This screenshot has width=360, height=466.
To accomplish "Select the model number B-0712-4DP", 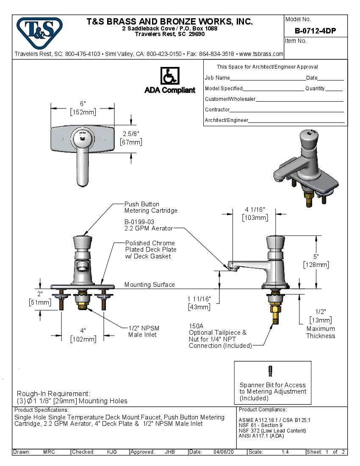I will click(315, 31).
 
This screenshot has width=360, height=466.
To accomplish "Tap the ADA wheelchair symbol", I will click(169, 76).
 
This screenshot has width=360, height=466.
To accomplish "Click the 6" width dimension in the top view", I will click(83, 104).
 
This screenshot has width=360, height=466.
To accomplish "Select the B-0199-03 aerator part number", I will click(139, 222).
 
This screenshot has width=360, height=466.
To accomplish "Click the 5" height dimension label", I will click(316, 256).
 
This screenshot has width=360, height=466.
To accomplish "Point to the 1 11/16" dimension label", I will click(199, 299).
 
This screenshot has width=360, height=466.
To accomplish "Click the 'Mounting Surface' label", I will click(150, 285).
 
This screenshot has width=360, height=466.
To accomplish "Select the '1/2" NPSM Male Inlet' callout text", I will click(144, 331).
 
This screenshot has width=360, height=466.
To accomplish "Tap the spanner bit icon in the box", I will click(270, 371).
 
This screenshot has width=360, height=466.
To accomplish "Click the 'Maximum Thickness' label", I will click(321, 332).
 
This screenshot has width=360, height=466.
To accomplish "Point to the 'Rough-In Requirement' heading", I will click(53, 394).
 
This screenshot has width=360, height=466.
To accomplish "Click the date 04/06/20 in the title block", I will click(224, 452).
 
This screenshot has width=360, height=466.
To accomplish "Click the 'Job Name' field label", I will click(217, 78).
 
